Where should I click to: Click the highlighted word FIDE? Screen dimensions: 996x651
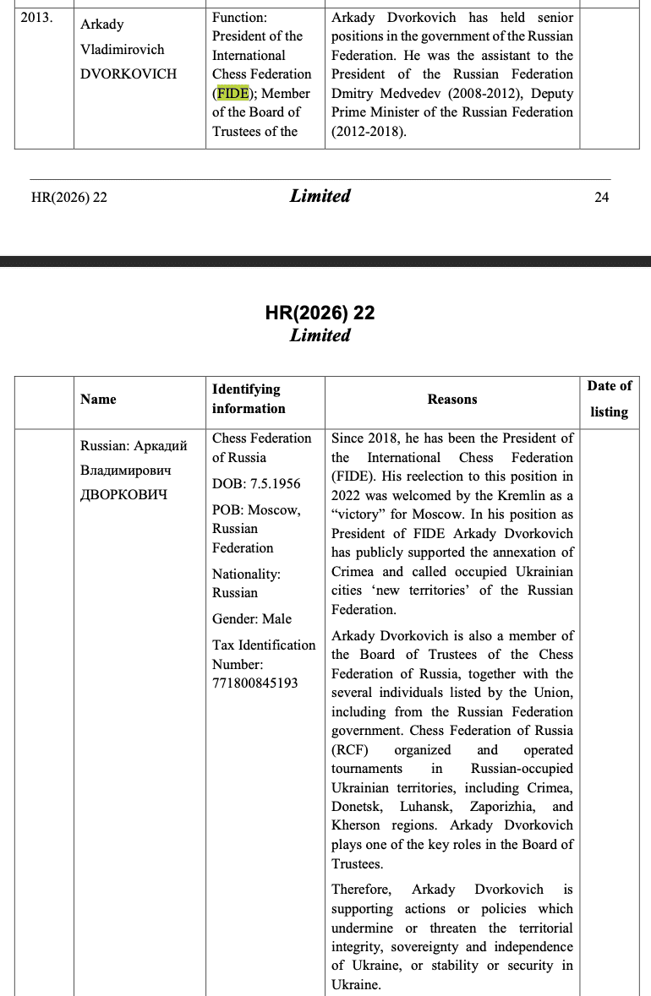point(232,93)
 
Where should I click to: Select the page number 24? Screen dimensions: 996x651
point(601,198)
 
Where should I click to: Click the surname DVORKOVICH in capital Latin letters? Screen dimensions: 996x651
point(129,73)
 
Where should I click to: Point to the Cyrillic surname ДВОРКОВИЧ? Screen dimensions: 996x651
point(123,494)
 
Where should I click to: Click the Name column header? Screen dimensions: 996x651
point(98,399)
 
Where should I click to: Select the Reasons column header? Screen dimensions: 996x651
point(451,399)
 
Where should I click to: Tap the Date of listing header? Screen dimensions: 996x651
point(609,399)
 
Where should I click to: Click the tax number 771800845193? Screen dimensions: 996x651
point(255,683)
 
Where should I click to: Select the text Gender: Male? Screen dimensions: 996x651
point(251,618)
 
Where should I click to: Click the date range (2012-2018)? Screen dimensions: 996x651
point(369,131)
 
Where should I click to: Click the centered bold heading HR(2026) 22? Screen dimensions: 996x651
point(320,313)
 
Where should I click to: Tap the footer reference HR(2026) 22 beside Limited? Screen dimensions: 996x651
point(68,198)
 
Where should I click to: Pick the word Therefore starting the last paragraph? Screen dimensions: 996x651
point(361,890)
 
